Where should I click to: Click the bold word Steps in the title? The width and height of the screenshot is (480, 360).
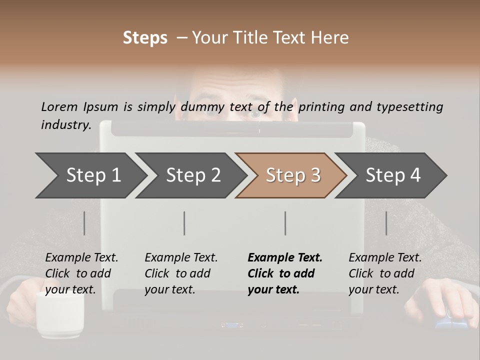click(145, 38)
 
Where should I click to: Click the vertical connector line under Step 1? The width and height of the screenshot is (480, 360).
click(84, 223)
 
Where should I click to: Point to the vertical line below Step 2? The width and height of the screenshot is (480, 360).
click(184, 223)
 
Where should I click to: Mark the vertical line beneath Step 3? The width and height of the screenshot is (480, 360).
click(285, 223)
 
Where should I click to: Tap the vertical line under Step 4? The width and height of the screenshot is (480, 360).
click(386, 223)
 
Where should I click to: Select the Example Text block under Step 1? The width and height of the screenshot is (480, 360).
click(81, 273)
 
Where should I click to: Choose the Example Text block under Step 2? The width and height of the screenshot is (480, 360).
click(181, 273)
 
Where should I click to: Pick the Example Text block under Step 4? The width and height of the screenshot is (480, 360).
click(385, 273)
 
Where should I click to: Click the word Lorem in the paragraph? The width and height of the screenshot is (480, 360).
click(59, 106)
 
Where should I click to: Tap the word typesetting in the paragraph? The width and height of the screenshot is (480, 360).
click(409, 107)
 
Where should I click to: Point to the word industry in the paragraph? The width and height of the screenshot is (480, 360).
click(65, 125)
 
